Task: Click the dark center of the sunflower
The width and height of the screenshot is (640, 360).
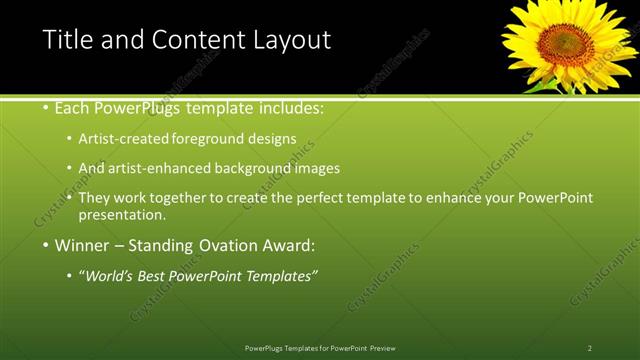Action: [565, 43]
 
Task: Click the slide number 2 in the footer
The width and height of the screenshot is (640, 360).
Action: [590, 347]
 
